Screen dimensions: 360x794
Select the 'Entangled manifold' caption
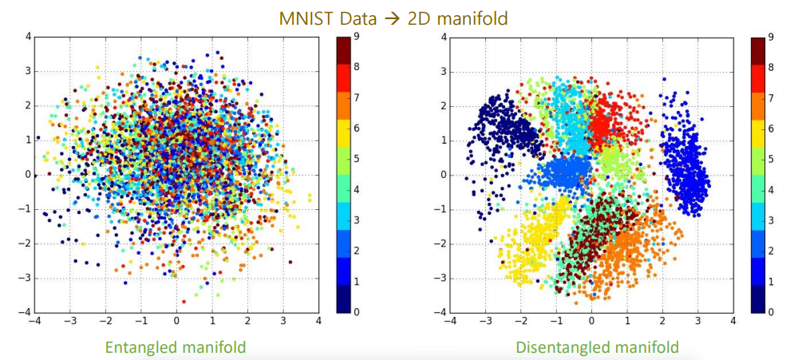coord(176,346)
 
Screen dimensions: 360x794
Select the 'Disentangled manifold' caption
coord(597,346)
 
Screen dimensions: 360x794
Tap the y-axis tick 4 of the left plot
coord(28,37)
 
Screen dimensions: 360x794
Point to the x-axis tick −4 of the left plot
coord(35,321)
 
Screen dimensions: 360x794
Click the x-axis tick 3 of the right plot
coord(697,321)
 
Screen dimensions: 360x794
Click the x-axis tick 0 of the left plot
coord(176,321)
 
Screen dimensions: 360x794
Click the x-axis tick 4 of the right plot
coord(733,321)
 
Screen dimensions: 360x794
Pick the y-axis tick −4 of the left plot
coord(26,312)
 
